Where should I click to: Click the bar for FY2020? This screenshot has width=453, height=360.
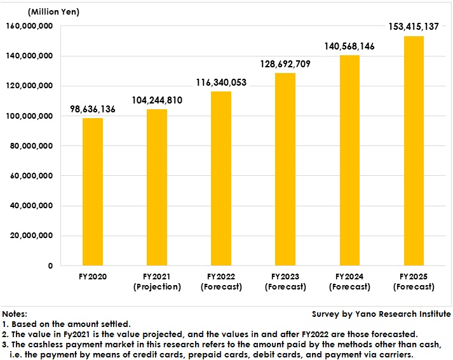(93, 192)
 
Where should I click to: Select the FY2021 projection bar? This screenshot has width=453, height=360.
(157, 187)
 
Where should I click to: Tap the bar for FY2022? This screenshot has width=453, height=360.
(221, 178)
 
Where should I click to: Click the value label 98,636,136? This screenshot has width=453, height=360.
(93, 109)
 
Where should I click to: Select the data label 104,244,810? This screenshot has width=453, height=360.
(157, 100)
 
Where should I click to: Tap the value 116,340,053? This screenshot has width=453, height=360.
(221, 83)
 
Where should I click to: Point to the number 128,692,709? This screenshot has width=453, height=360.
(285, 64)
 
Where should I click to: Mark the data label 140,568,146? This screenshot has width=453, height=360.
(349, 46)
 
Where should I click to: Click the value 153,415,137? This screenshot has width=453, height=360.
(414, 27)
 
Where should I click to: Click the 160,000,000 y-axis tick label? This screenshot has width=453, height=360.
(29, 26)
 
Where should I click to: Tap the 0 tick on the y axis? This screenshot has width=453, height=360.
(50, 265)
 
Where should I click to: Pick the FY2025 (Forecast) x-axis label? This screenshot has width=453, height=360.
(414, 282)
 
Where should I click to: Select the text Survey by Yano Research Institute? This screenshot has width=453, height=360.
(381, 314)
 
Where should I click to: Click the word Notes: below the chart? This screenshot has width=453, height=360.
(15, 314)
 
